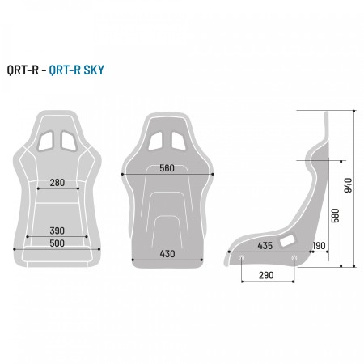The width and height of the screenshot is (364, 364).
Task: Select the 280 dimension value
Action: click(57, 183)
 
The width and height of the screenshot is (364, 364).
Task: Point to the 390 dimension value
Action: click(57, 231)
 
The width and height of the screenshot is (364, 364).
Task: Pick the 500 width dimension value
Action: click(57, 243)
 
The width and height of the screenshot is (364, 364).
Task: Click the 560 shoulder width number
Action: click(167, 168)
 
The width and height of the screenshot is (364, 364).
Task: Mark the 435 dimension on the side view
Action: click(264, 245)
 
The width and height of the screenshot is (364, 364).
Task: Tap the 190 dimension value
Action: click(318, 245)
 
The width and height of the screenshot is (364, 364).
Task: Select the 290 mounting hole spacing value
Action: click(267, 276)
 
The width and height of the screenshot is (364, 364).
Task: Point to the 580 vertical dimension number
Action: click(333, 214)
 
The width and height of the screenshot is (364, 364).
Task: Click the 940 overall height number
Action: click(349, 186)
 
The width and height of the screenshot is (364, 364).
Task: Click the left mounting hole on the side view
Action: click(241, 258)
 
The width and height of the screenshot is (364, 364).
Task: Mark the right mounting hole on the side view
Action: click(294, 258)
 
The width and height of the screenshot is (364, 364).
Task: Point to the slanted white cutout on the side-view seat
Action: click(287, 239)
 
